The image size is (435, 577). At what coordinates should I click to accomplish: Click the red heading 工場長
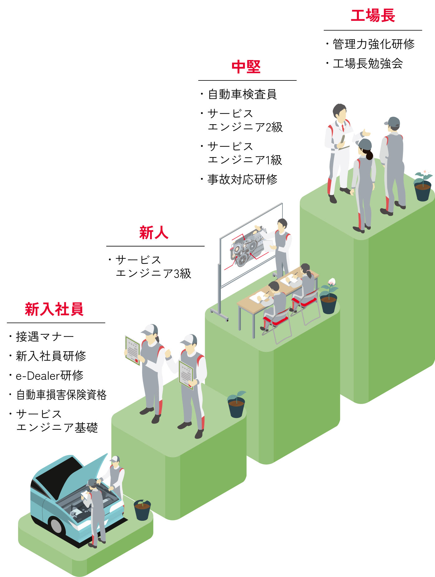pos(373,16)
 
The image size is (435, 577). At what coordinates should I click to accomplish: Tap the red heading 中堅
pos(246,67)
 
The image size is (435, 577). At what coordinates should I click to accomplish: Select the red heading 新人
pos(154,233)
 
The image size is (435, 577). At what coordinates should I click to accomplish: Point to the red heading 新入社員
pos(54,309)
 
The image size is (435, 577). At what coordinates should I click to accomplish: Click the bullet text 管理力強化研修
pos(374,44)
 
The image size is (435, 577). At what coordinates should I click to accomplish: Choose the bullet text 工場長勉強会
pos(368,64)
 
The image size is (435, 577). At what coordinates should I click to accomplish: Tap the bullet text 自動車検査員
pos(242,94)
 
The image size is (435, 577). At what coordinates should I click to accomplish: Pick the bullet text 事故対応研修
pos(242,179)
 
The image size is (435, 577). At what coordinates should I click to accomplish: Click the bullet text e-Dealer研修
pos(50,375)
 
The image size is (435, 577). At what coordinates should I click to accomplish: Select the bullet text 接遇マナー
pos(45,337)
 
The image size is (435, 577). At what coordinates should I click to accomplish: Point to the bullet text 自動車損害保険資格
pos(61,395)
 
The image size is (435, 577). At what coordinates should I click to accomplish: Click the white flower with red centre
pos(424,171)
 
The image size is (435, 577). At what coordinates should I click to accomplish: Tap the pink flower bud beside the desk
pos(332,282)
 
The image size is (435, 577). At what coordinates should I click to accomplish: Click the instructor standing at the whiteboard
pos(282,245)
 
